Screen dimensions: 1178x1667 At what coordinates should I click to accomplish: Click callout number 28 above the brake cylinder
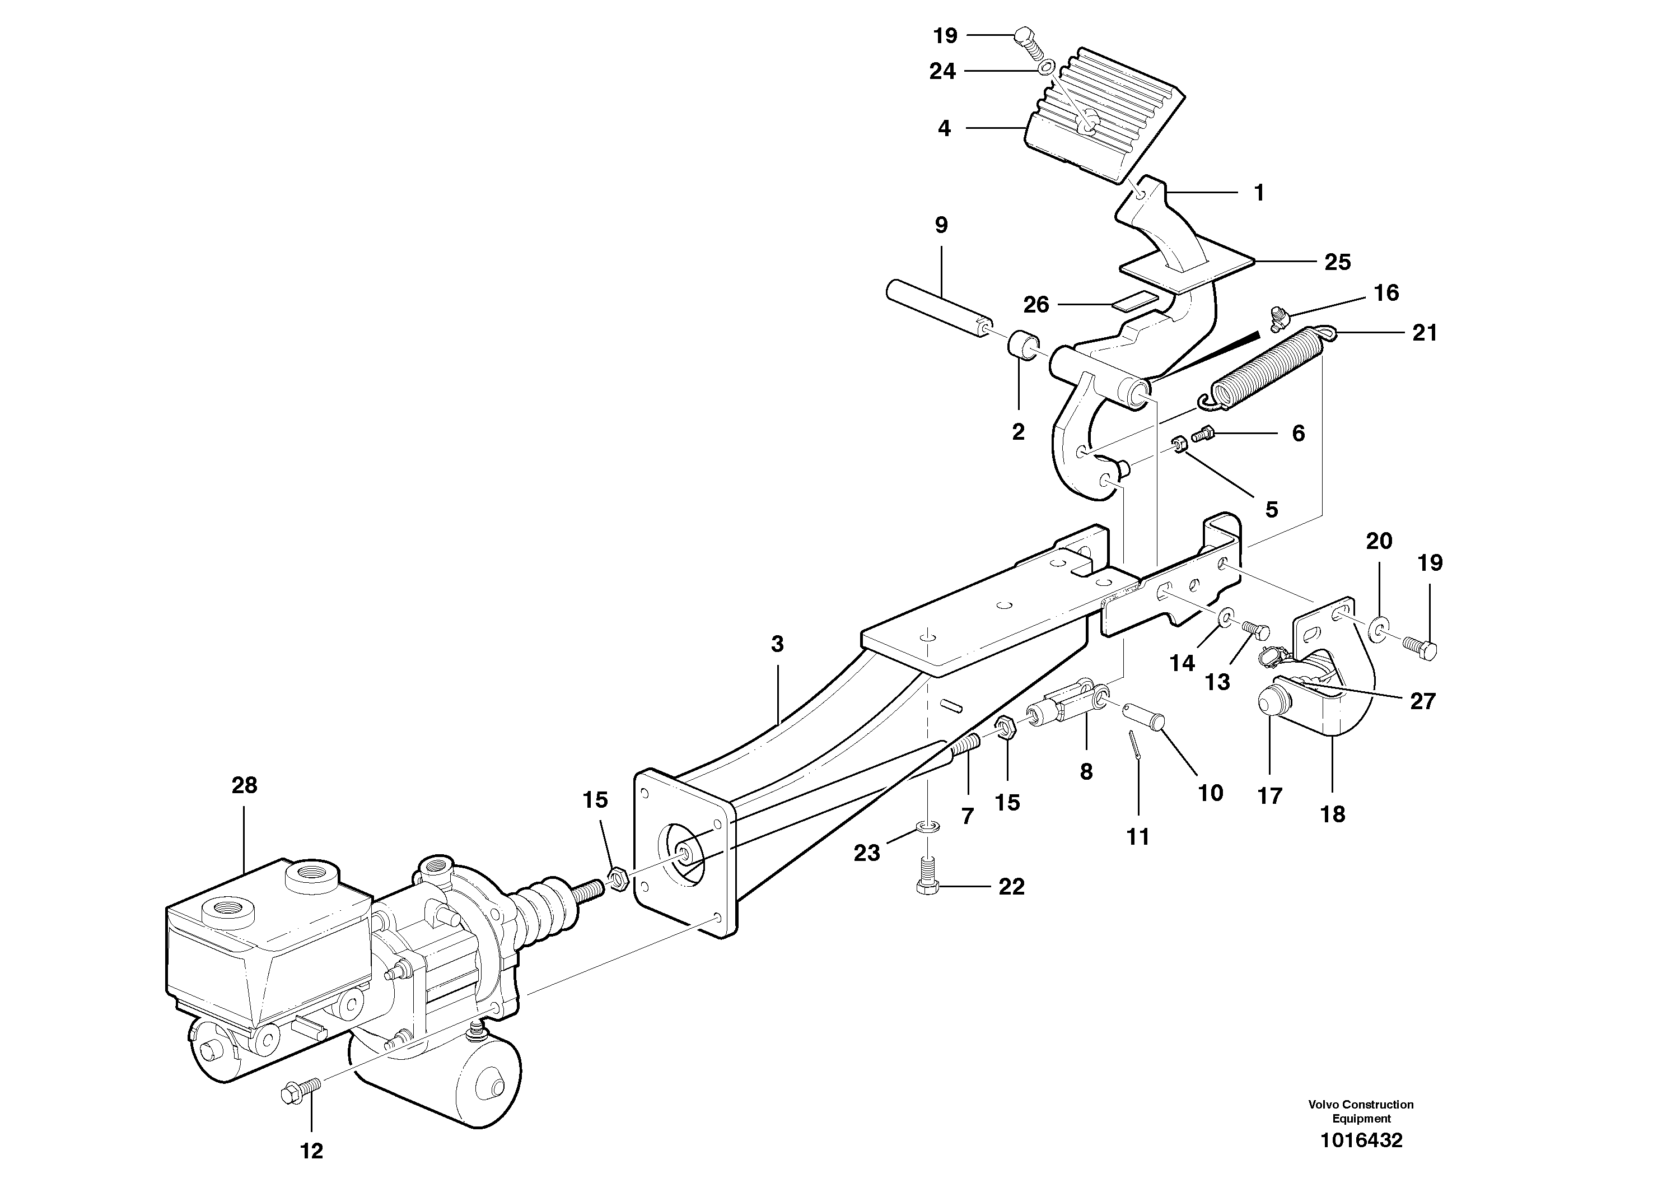[244, 785]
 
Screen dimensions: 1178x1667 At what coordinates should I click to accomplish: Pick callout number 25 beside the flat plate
[1337, 262]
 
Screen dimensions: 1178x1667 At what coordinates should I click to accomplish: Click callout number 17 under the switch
[1270, 796]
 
